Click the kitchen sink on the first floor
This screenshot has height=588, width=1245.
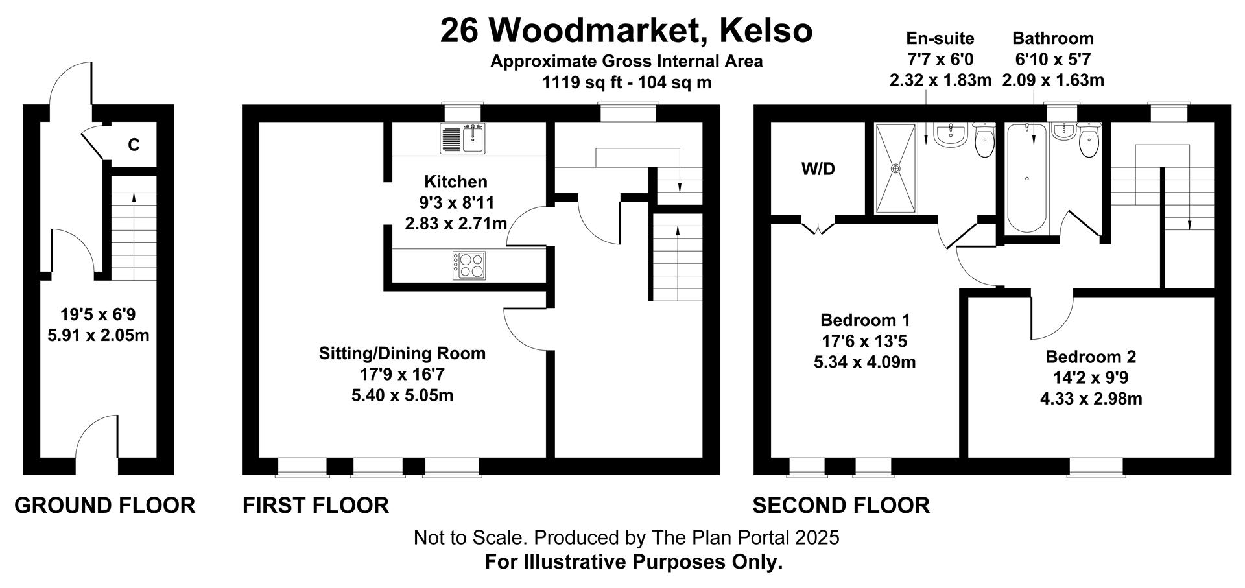(462, 139)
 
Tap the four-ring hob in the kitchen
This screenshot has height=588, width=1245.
(469, 265)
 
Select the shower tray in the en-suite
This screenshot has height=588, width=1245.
(895, 168)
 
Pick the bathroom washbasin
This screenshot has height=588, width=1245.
(1064, 132)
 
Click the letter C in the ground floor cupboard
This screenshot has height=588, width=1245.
(134, 145)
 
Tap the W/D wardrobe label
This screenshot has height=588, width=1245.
(818, 169)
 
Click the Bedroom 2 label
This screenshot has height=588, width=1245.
(1091, 357)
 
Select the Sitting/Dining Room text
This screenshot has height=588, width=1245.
(402, 353)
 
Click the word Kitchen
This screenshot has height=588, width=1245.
(456, 182)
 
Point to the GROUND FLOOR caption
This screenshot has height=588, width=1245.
(105, 505)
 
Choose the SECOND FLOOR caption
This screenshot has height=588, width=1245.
(841, 505)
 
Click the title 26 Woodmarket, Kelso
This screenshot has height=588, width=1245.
(626, 30)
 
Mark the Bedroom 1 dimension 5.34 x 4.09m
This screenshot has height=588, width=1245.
(865, 362)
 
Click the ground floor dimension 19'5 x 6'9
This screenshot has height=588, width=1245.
(98, 314)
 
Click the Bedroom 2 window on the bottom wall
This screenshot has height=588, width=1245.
(1096, 466)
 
